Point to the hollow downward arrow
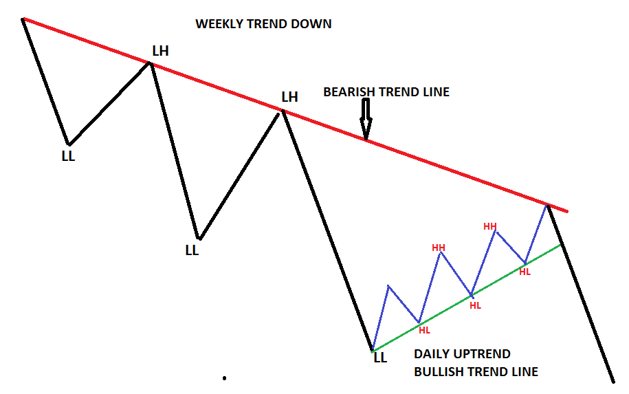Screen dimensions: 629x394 point(366,119)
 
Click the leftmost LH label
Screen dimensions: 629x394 point(160,51)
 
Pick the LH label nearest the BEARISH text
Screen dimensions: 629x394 point(289,97)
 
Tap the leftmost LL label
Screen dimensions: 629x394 point(68,156)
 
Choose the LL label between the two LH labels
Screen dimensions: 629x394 point(192,250)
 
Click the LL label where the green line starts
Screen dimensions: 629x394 point(380,358)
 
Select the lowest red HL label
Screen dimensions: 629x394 point(424,330)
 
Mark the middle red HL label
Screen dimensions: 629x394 point(476,305)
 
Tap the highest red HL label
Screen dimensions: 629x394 point(525,272)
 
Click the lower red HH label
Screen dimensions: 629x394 point(439,248)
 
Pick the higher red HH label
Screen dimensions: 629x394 point(490,226)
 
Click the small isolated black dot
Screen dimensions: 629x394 point(224,378)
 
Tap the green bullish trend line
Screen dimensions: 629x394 point(466,298)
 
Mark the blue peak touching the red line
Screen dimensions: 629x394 point(547,206)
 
